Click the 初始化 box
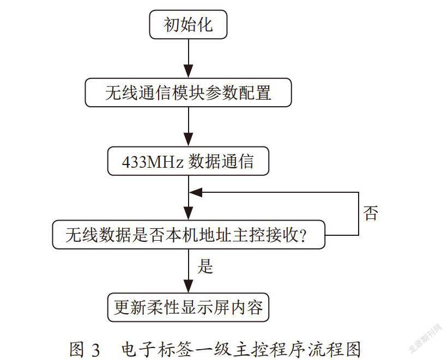[x=188, y=25]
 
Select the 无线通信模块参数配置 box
[x=188, y=93]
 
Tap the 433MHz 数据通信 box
[x=188, y=161]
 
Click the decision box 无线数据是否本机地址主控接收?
[x=189, y=235]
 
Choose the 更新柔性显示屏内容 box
[x=188, y=307]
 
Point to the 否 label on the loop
[x=371, y=213]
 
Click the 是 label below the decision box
[x=205, y=266]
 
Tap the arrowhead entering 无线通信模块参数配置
[x=188, y=71]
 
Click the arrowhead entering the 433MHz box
[x=188, y=140]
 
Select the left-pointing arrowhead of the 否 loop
[x=196, y=192]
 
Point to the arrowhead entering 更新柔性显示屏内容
[x=188, y=286]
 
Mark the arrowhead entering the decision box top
[x=188, y=213]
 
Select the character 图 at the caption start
[x=77, y=349]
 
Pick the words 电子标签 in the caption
[x=154, y=349]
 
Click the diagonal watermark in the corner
[x=426, y=339]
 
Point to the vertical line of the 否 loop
[x=359, y=214]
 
